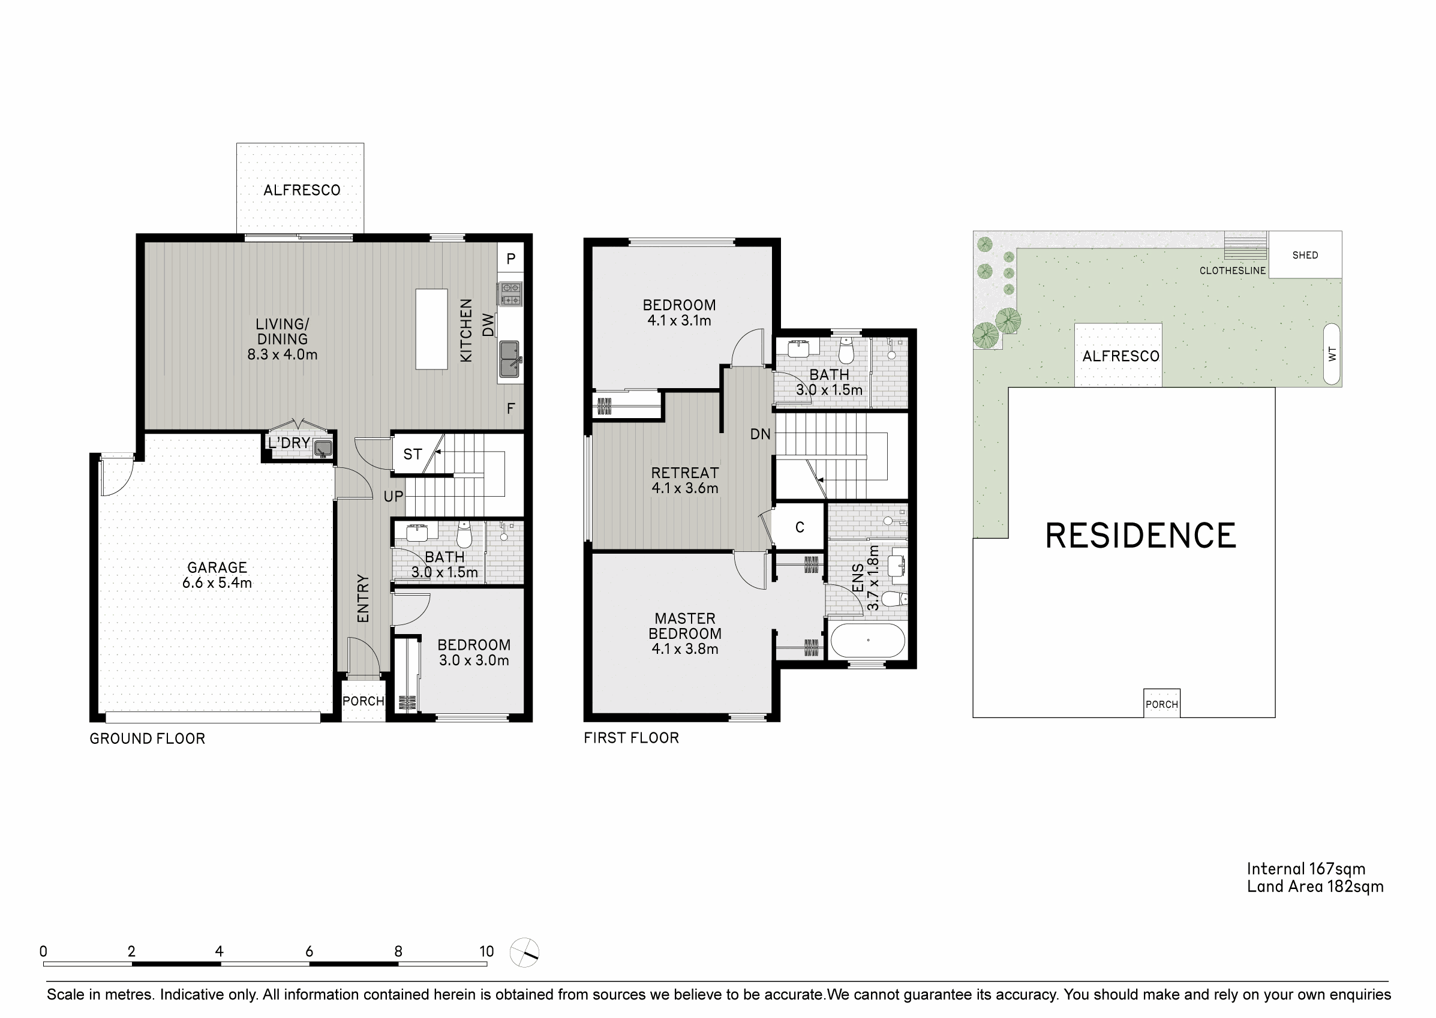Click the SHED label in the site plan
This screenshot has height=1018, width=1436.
(1305, 255)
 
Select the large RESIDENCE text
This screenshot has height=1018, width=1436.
(1140, 536)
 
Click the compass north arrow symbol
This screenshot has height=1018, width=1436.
(525, 953)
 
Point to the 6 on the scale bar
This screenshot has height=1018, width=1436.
(309, 951)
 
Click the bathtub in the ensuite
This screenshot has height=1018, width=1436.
(867, 641)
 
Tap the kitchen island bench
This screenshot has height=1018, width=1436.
(431, 329)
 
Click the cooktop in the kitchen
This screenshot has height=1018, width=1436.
(509, 293)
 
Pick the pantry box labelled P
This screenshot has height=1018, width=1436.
(511, 259)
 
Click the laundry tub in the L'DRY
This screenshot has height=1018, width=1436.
(323, 448)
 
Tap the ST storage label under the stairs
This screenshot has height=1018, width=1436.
(413, 455)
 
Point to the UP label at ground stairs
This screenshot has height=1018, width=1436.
(393, 497)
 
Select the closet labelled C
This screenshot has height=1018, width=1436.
(799, 527)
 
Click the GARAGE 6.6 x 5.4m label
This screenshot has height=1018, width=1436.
(217, 575)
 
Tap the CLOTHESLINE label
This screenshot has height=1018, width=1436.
(1232, 271)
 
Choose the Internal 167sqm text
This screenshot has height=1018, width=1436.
(1305, 869)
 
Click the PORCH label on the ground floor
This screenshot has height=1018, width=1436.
(363, 701)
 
